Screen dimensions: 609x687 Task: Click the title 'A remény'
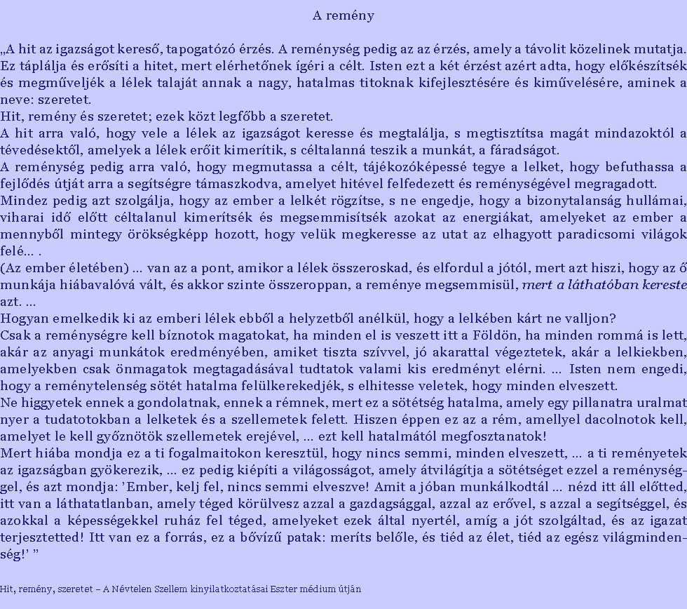pos(343,15)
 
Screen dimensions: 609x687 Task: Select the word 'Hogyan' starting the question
pos(21,318)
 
